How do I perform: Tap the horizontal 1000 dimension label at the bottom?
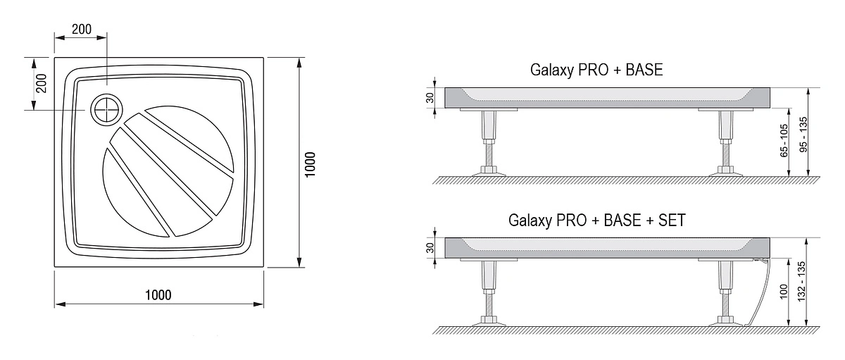[159, 294]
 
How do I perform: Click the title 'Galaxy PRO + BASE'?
[596, 70]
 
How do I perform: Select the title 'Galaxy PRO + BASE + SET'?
[596, 220]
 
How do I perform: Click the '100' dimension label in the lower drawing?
[784, 292]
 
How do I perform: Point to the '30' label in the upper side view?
[429, 97]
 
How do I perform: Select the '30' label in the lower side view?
[429, 248]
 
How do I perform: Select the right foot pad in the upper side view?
[725, 170]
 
